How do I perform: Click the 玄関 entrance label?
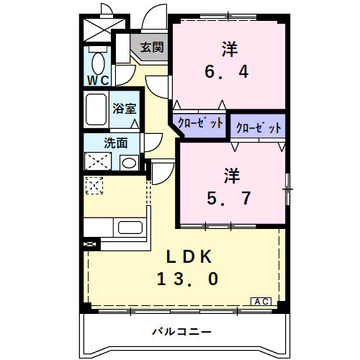152,48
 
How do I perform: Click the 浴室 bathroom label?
125,109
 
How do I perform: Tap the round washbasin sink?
128,161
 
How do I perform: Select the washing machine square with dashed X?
96,161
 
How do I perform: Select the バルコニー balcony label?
181,333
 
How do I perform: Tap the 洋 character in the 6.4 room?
230,49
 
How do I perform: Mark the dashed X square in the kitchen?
94,186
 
